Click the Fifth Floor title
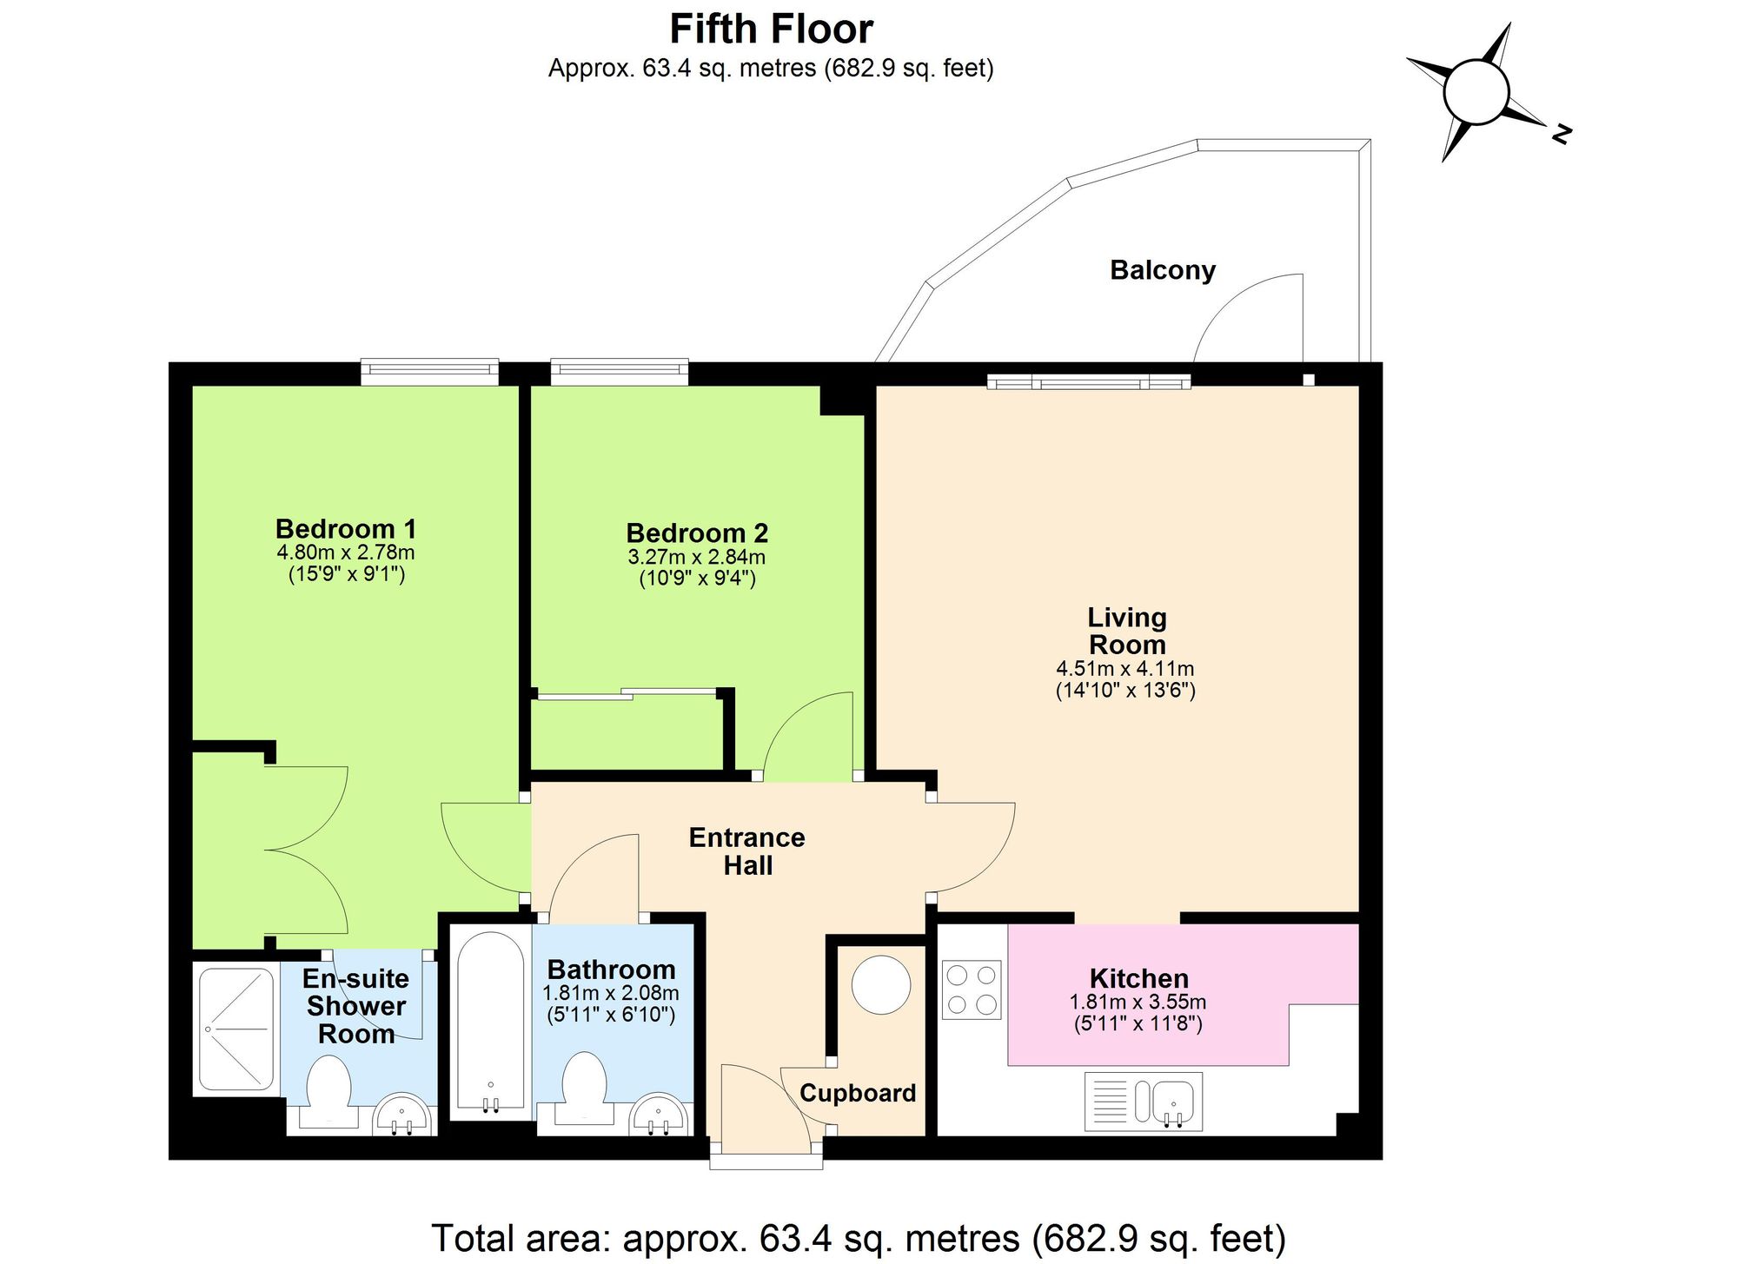click(x=771, y=30)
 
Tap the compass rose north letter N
click(x=1561, y=135)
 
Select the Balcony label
click(x=1162, y=270)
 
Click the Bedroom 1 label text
click(x=346, y=528)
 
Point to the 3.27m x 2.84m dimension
click(x=696, y=557)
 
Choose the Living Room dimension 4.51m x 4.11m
click(x=1124, y=669)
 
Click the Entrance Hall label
click(x=747, y=850)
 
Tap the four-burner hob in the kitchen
click(x=972, y=989)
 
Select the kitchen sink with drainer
click(x=1144, y=1101)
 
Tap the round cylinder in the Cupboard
click(x=880, y=984)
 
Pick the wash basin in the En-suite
click(x=401, y=1115)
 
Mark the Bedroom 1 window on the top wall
click(x=430, y=372)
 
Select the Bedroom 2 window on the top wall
click(x=620, y=372)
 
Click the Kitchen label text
click(x=1138, y=978)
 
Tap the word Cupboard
click(x=858, y=1093)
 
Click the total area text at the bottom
click(x=858, y=1238)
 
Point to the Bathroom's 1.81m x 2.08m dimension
click(x=611, y=992)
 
